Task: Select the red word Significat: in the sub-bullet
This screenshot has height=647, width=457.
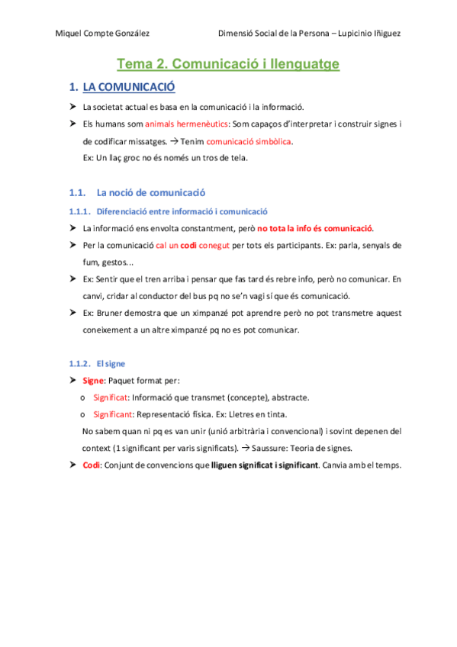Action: (111, 397)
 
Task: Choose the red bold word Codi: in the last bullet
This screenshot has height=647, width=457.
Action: (92, 465)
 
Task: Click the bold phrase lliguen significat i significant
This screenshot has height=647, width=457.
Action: (265, 465)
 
